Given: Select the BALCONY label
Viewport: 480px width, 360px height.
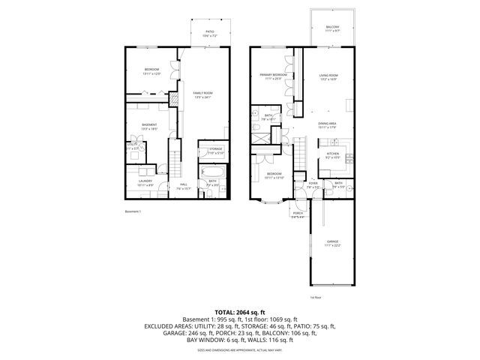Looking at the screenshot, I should (x=332, y=28).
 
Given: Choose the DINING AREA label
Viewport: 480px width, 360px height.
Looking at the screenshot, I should (x=327, y=126).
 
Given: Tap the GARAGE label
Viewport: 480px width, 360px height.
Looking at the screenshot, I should (x=331, y=244).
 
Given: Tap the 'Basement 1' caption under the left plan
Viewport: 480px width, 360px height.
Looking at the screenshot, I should (x=133, y=211).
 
